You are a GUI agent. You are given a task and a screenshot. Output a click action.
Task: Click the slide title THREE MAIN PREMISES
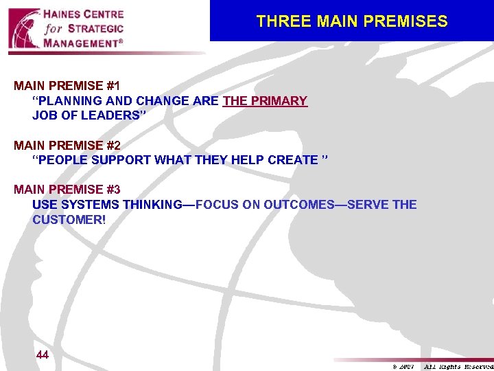coord(351,21)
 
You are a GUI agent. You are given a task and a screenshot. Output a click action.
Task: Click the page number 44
coord(42,355)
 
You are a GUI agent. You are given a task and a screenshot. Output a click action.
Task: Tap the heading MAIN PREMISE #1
coord(67,87)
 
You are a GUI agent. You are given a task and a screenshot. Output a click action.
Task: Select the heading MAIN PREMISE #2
coord(67,146)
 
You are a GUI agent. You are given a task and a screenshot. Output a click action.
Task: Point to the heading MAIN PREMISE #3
coord(67,190)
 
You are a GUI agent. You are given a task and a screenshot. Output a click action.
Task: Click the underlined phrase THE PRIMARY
coord(265,101)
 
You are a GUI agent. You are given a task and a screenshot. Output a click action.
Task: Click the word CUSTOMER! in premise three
coord(69,219)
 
